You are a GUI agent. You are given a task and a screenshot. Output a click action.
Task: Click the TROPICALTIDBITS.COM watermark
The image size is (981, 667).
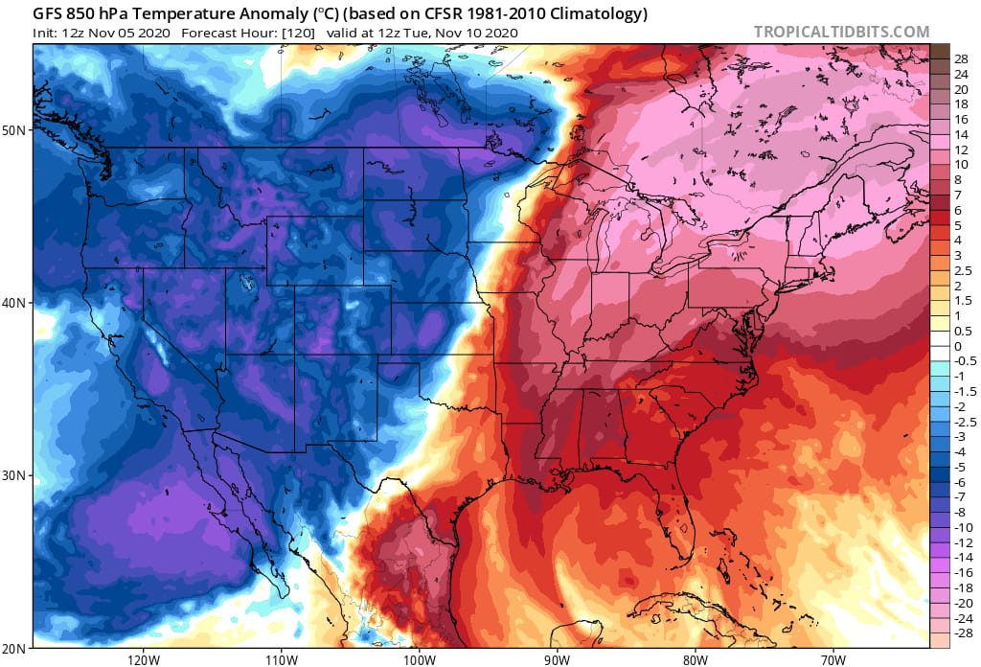tap(841, 32)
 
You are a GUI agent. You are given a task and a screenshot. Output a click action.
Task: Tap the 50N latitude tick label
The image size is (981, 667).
tap(16, 129)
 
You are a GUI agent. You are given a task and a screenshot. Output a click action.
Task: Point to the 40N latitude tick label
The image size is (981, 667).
tap(16, 303)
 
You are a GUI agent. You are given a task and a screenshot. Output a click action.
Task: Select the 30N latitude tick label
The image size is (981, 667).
tap(16, 475)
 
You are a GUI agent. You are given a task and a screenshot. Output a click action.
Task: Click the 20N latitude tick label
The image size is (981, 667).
tap(16, 648)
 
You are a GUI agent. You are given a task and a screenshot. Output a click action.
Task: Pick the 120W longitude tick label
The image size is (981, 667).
tap(143, 659)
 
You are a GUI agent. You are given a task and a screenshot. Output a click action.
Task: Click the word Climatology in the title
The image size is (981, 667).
tap(594, 13)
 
